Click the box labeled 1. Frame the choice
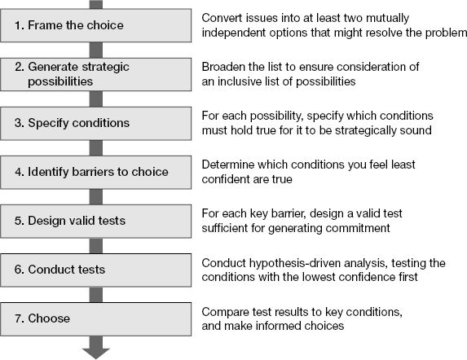(x=95, y=25)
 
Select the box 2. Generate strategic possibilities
(x=95, y=74)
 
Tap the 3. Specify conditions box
(x=95, y=124)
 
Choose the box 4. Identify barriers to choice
(x=95, y=173)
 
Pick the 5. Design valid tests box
(x=95, y=221)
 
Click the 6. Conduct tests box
(x=95, y=270)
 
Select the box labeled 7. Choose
(x=95, y=319)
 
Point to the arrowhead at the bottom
(x=96, y=353)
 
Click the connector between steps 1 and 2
(x=96, y=50)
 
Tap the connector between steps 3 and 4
(x=96, y=148)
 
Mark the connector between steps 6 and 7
(x=96, y=295)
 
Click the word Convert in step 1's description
(x=219, y=18)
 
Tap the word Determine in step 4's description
(x=227, y=165)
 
